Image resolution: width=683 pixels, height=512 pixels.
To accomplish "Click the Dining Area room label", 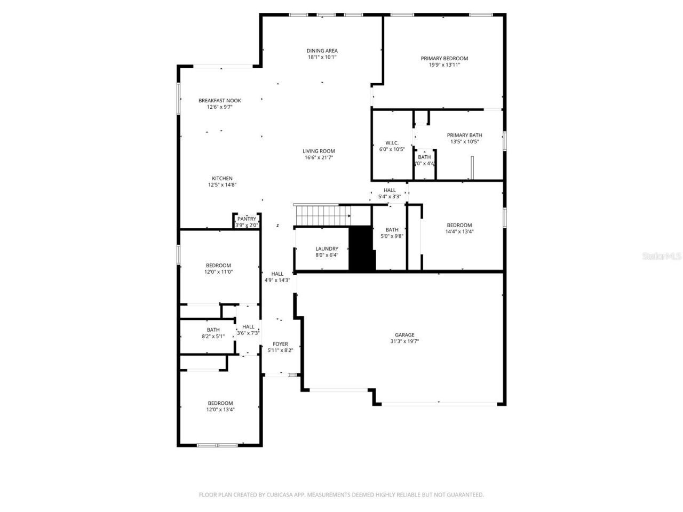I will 322,51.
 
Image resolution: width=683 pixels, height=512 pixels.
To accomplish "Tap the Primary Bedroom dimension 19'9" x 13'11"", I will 444,65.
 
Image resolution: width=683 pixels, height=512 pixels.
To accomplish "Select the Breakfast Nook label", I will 219,100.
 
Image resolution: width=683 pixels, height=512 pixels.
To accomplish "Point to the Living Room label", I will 319,151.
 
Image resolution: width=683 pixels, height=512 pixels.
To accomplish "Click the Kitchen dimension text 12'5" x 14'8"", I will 222,185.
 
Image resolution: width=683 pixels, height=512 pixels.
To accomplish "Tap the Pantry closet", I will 247,221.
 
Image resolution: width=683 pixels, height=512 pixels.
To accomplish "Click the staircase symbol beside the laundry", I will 322,215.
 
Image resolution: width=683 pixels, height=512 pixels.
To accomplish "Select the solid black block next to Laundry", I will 362,248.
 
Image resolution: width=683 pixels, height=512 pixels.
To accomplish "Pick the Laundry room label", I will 327,249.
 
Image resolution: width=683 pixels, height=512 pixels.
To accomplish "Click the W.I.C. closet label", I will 392,143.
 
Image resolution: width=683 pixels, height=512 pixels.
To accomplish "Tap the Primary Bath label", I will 464,135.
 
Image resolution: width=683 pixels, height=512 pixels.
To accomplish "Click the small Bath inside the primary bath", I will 425,160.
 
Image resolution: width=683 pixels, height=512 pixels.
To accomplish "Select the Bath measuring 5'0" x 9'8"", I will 392,233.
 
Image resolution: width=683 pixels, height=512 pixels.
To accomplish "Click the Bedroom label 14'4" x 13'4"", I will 459,225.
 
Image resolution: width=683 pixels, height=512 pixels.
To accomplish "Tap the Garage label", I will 404,335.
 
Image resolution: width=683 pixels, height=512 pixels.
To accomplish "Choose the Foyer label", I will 280,344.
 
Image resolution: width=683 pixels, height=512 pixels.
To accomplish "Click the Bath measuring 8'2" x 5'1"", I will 213,333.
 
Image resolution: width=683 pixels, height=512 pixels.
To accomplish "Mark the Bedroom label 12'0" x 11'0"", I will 218,266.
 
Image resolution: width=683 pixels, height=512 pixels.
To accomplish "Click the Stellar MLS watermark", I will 662,256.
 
